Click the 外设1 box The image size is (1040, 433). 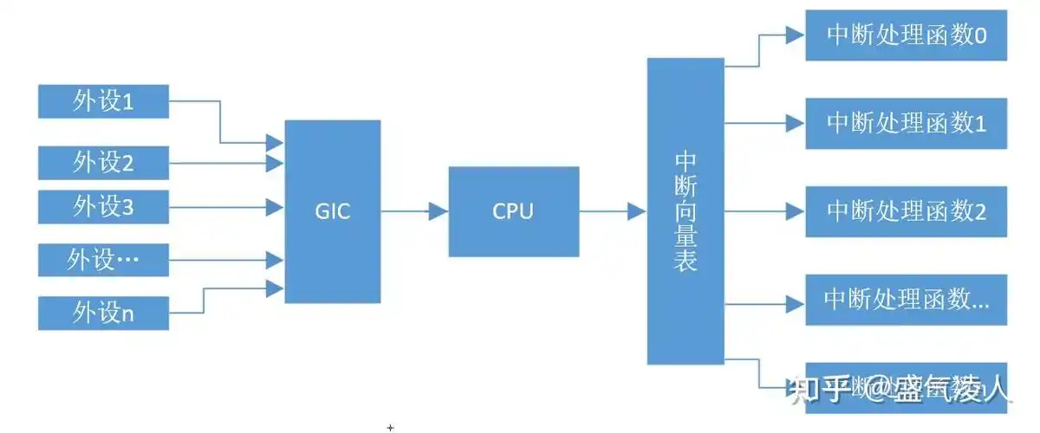point(103,102)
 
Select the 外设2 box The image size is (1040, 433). point(103,162)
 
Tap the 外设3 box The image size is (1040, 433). point(103,207)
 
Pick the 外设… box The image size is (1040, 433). point(103,259)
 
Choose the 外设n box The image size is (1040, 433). point(103,313)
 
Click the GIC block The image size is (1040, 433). point(333,211)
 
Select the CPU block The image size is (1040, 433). point(513,211)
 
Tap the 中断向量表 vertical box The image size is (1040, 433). point(686,211)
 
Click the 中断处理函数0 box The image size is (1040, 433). point(907,36)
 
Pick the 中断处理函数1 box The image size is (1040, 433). point(907,123)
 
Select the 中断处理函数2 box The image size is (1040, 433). point(907,211)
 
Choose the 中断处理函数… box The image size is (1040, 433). point(907,300)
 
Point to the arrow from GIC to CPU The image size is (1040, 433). point(414,210)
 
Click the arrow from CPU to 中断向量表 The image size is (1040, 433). point(613,210)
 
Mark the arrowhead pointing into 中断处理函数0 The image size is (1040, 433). point(796,36)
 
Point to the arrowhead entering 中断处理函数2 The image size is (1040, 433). point(796,210)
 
